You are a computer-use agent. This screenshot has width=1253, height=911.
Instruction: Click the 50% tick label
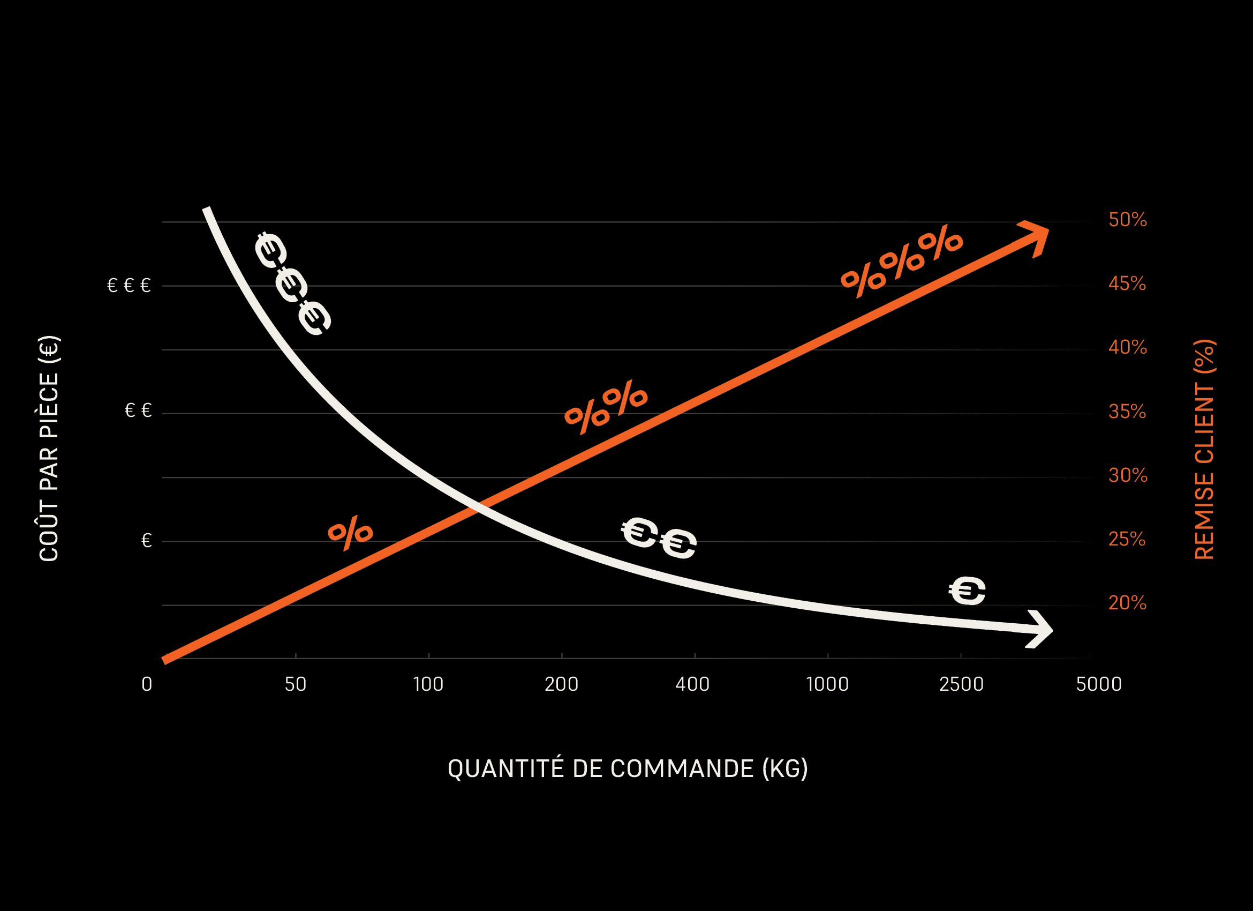pos(1128,220)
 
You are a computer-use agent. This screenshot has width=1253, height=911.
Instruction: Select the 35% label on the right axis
pos(1127,412)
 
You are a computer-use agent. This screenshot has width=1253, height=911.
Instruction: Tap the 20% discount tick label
pos(1127,603)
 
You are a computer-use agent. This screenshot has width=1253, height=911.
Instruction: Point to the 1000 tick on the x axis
pos(827,685)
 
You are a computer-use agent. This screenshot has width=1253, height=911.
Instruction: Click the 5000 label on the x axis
pos(1099,685)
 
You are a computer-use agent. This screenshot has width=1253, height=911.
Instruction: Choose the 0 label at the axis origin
pos(146,685)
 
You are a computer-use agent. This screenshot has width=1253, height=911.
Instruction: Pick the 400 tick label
pos(692,685)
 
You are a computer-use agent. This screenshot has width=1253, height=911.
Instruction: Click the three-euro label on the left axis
pos(129,286)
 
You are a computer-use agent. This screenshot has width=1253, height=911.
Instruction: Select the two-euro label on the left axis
pos(138,410)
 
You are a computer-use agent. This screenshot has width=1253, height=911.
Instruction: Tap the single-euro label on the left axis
pos(146,541)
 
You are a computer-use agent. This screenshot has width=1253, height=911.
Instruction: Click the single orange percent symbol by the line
pos(350,533)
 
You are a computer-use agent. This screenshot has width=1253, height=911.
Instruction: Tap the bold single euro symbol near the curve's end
pos(968,591)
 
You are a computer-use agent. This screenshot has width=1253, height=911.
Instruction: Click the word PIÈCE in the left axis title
pos(49,405)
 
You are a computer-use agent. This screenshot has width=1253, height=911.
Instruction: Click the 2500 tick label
pos(961,685)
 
